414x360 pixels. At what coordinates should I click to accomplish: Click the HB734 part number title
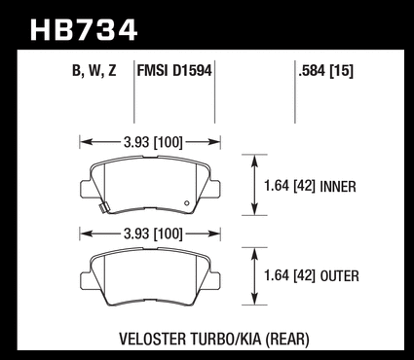pyautogui.click(x=84, y=30)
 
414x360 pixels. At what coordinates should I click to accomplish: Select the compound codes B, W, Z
pyautogui.click(x=94, y=71)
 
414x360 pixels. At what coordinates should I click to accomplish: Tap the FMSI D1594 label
pyautogui.click(x=174, y=70)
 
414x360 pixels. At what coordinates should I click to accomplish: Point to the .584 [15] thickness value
pyautogui.click(x=325, y=71)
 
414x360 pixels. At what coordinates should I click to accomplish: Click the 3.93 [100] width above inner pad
pyautogui.click(x=153, y=142)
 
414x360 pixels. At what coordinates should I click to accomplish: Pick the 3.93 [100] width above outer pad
pyautogui.click(x=153, y=234)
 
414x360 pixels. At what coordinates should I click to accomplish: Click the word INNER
pyautogui.click(x=338, y=187)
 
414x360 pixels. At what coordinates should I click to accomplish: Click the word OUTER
pyautogui.click(x=339, y=276)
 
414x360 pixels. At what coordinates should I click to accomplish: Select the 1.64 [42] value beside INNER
pyautogui.click(x=289, y=187)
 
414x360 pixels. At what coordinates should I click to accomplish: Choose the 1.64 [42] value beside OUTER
pyautogui.click(x=289, y=276)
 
